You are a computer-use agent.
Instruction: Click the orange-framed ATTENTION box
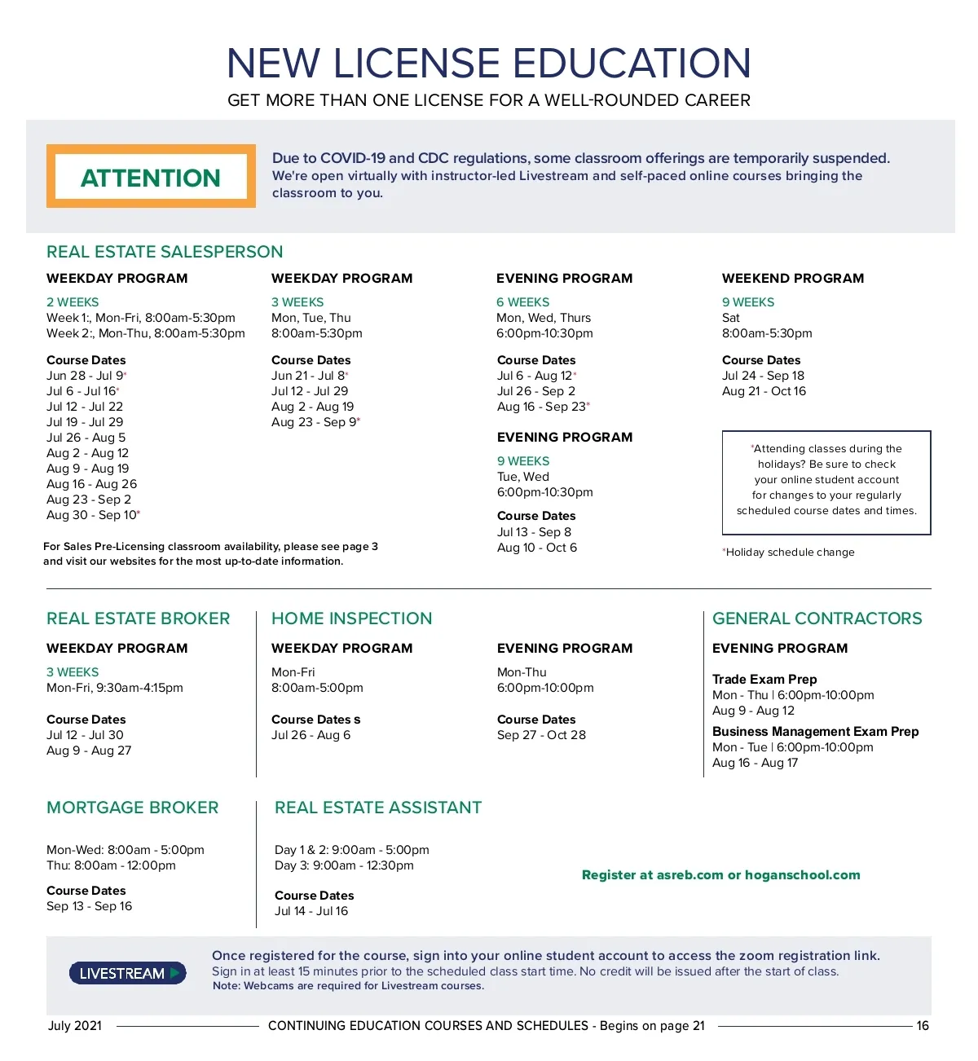pyautogui.click(x=151, y=177)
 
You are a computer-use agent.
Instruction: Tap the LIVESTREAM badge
pyautogui.click(x=128, y=973)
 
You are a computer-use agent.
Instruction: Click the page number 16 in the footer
pyautogui.click(x=923, y=1025)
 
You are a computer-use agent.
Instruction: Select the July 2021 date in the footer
pyautogui.click(x=75, y=1025)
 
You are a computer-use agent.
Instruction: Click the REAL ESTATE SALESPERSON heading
pyautogui.click(x=165, y=252)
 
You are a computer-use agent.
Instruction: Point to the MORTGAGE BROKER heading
pyautogui.click(x=133, y=808)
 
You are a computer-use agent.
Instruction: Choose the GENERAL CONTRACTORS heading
pyautogui.click(x=817, y=619)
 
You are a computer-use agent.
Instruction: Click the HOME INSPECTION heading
pyautogui.click(x=351, y=619)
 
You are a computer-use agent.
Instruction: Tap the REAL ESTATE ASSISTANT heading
pyautogui.click(x=378, y=808)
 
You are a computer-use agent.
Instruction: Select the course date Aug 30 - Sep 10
pyautogui.click(x=93, y=515)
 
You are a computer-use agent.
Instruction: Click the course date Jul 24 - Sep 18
pyautogui.click(x=763, y=376)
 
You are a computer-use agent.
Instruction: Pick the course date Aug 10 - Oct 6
pyautogui.click(x=537, y=548)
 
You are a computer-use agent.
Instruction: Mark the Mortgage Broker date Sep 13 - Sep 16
pyautogui.click(x=89, y=906)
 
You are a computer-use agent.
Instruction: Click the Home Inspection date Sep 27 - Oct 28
pyautogui.click(x=541, y=735)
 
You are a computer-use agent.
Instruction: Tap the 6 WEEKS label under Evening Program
pyautogui.click(x=522, y=302)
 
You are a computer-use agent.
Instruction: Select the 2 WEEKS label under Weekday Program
pyautogui.click(x=73, y=302)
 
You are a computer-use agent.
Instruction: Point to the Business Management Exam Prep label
pyautogui.click(x=815, y=731)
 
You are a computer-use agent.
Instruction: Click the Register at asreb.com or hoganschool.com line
pyautogui.click(x=720, y=874)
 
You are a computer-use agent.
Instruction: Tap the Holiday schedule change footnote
pyautogui.click(x=790, y=553)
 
